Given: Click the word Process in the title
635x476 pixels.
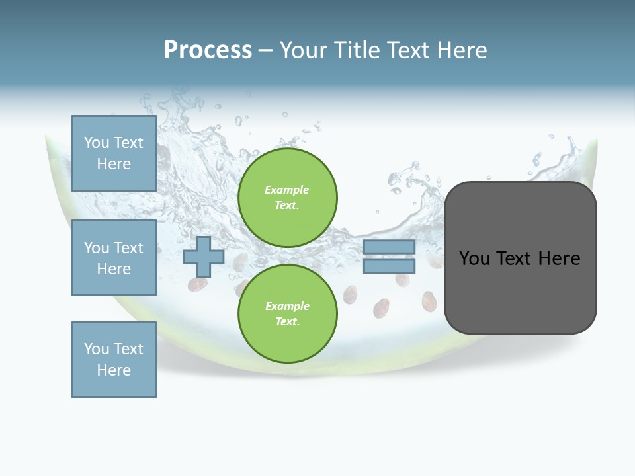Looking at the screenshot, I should (208, 50).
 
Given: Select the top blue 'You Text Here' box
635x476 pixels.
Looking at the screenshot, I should (114, 153).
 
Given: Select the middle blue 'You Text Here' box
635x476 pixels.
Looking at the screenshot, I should (114, 258).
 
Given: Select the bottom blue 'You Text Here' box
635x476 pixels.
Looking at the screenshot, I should (114, 359).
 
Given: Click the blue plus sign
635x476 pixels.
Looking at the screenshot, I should (204, 257).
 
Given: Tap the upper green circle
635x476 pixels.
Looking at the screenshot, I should (287, 198).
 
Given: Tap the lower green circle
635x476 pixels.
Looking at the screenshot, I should (287, 313).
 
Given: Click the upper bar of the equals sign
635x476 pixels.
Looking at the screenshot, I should (389, 247).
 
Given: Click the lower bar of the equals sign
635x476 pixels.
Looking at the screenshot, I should (389, 266).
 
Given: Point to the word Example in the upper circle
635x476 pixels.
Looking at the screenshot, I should (287, 190).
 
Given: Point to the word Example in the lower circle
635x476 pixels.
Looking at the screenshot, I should (287, 306).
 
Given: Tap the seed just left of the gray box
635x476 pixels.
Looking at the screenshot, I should (429, 301).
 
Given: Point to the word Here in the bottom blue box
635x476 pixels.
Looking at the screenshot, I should (114, 370).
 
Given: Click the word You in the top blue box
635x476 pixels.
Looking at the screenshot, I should (97, 143).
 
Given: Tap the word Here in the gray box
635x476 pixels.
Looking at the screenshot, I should (559, 258).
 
